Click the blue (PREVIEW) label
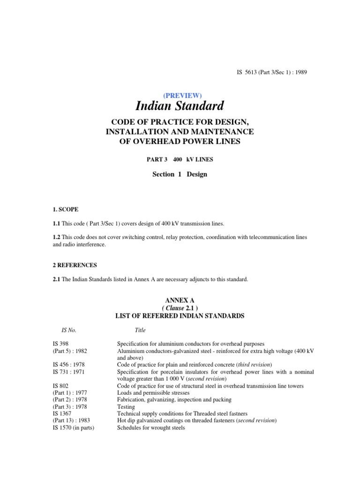tap(180, 95)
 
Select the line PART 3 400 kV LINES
tap(180, 159)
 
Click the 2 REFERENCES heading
tap(75, 265)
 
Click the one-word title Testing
tap(127, 407)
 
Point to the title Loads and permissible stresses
tap(153, 393)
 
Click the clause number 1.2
tap(57, 237)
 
